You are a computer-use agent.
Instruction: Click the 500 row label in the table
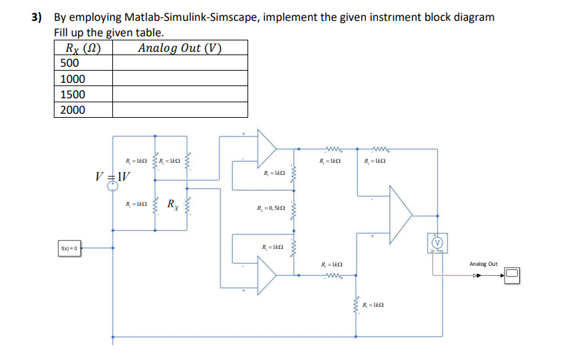(x=70, y=63)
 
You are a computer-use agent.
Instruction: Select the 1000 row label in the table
(x=72, y=79)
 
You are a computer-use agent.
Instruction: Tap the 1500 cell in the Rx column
(x=72, y=94)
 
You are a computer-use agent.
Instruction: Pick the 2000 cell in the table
(x=72, y=110)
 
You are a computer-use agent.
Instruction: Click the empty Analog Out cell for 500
(x=180, y=63)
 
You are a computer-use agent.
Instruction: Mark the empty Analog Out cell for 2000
(x=180, y=110)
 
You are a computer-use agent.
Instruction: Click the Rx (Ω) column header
(x=83, y=48)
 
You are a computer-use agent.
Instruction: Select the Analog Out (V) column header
(x=180, y=48)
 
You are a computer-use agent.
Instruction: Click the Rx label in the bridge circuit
(x=173, y=204)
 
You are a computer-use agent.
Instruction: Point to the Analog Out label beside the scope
(x=483, y=264)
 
